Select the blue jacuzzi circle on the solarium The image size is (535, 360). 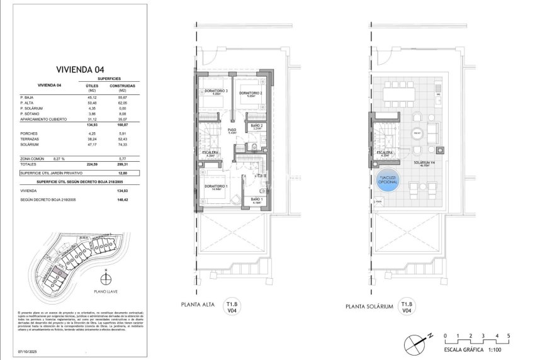tap(387, 183)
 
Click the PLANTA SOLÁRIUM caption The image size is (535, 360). tap(369, 307)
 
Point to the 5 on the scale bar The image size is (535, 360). tap(508, 335)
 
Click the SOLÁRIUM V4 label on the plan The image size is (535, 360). tap(425, 162)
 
